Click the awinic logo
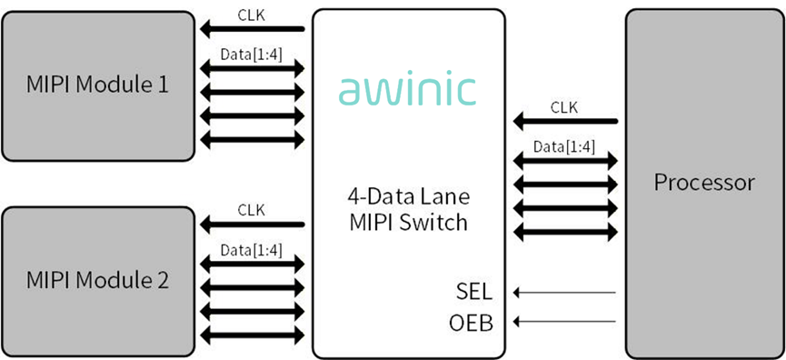coord(407,91)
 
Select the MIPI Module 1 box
coord(98,85)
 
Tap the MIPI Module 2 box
coord(98,282)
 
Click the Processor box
coord(704,184)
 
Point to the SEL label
coord(474,293)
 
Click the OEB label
coord(472,323)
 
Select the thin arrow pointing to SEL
coord(564,293)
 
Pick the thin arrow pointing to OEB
coord(564,321)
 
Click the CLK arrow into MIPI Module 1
coord(252,30)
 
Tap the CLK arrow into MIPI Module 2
coord(252,225)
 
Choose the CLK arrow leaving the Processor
coord(565,121)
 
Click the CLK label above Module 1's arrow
coord(251,15)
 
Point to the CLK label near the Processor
coord(564,107)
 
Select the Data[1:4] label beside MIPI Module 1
coord(251,55)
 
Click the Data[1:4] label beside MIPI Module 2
coord(251,250)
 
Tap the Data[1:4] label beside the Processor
coord(564,147)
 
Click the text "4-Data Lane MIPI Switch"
coord(409,209)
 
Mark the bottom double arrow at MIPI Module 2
coord(252,334)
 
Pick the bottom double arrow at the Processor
coord(565,232)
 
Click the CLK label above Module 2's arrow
coord(251,210)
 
